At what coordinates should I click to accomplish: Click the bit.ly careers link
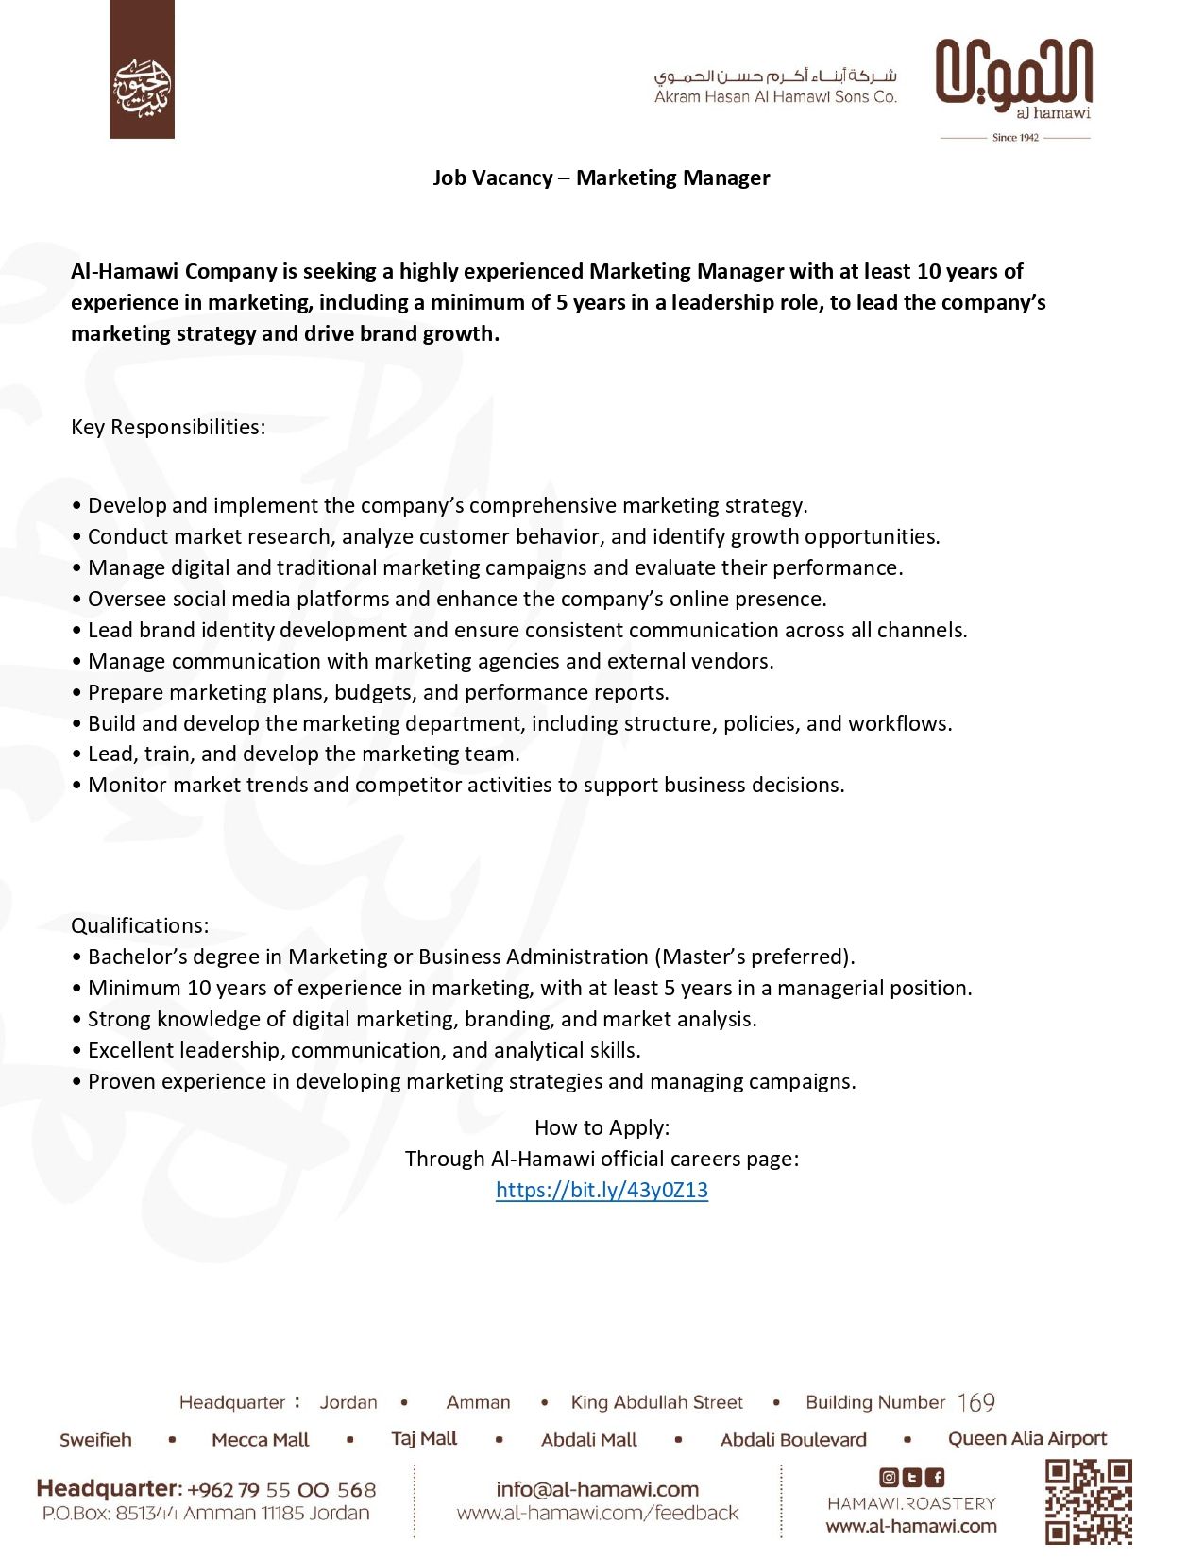click(602, 1190)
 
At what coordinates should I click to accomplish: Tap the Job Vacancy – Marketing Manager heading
click(602, 178)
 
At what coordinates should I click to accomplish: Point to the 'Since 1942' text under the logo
click(1015, 138)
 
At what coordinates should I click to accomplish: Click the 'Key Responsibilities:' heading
click(168, 427)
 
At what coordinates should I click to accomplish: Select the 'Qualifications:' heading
click(140, 925)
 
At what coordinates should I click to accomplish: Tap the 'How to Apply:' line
click(602, 1127)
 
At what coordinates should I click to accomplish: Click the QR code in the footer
click(1088, 1501)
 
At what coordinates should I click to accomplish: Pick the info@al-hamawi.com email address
click(597, 1489)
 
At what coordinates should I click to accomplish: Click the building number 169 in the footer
click(975, 1402)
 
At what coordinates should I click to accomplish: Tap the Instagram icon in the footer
click(889, 1478)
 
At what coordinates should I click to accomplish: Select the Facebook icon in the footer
click(935, 1478)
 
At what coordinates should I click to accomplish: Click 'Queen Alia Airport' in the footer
click(1026, 1438)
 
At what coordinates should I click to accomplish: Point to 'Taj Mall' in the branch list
click(424, 1438)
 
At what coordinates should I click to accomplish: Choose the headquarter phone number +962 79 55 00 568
click(281, 1490)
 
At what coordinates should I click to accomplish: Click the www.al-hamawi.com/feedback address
click(597, 1514)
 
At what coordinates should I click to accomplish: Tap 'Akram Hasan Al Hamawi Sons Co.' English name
click(775, 96)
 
